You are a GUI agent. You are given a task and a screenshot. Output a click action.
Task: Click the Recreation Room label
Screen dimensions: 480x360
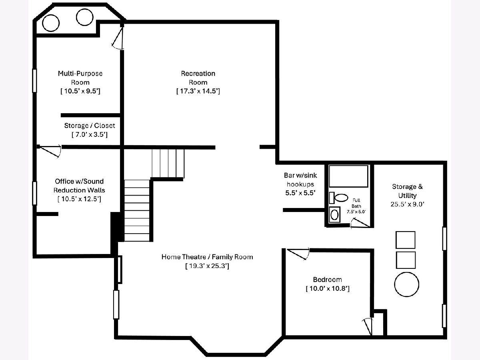pyautogui.click(x=198, y=78)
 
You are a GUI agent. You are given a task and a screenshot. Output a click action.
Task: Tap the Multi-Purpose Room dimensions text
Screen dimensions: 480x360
pyautogui.click(x=80, y=91)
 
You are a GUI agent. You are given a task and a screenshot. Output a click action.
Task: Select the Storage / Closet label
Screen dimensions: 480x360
pyautogui.click(x=90, y=126)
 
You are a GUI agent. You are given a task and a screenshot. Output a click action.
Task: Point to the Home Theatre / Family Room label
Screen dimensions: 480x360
pyautogui.click(x=207, y=257)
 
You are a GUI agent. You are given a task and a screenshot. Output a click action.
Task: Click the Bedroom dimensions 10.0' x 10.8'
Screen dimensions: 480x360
pyautogui.click(x=328, y=288)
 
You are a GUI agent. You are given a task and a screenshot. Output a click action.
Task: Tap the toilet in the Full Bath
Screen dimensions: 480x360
pyautogui.click(x=338, y=198)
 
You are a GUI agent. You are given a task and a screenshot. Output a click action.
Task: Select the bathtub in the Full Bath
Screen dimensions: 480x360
pyautogui.click(x=348, y=176)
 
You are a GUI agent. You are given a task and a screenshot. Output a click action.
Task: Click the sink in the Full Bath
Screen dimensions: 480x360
pyautogui.click(x=334, y=215)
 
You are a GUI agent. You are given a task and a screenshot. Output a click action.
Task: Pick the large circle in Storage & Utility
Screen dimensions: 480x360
pyautogui.click(x=406, y=284)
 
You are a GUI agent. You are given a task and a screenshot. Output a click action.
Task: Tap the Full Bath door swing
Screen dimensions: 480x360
pyautogui.click(x=360, y=223)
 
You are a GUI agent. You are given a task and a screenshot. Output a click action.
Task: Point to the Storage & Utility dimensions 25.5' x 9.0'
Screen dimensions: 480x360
pyautogui.click(x=407, y=204)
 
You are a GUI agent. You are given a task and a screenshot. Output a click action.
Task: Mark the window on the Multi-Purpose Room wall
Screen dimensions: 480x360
pyautogui.click(x=34, y=81)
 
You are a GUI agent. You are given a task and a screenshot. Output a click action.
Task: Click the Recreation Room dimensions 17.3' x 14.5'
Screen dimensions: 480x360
pyautogui.click(x=198, y=91)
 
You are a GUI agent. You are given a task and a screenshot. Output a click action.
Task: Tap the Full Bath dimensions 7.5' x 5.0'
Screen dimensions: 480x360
pyautogui.click(x=356, y=212)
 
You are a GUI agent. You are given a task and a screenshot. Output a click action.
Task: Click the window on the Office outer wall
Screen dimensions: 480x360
pyautogui.click(x=34, y=193)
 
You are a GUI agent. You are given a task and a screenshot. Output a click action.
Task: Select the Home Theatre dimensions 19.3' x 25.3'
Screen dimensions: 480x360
pyautogui.click(x=207, y=266)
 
